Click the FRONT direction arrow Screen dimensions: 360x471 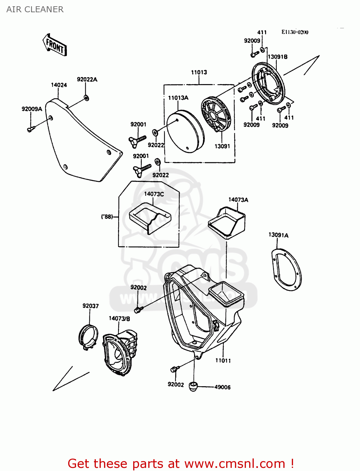click(x=55, y=45)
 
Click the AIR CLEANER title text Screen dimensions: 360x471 click(x=35, y=9)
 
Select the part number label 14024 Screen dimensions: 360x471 click(x=59, y=85)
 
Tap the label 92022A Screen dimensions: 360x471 click(x=87, y=80)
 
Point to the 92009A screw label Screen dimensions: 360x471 click(x=32, y=109)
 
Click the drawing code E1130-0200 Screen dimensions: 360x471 click(x=295, y=32)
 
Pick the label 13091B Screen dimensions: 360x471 click(x=277, y=57)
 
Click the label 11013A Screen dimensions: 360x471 click(x=178, y=98)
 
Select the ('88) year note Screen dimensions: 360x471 click(x=107, y=217)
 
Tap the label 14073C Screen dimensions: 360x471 click(x=154, y=194)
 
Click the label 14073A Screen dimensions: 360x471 click(x=238, y=200)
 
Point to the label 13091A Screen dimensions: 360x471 click(x=278, y=235)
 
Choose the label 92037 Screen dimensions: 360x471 click(x=90, y=306)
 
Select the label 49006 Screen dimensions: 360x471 click(x=222, y=387)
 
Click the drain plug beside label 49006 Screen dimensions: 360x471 click(x=193, y=387)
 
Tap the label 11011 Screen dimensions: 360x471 click(x=223, y=360)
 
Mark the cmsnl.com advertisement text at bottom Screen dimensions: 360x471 click(x=181, y=463)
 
